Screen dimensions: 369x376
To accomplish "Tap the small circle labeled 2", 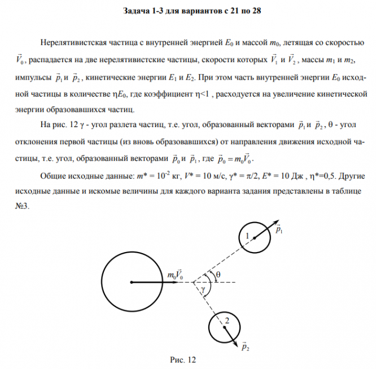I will click(x=224, y=326).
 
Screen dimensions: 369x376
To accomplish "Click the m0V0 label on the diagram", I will click(x=174, y=275).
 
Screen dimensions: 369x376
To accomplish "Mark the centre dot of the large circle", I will click(x=131, y=281).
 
